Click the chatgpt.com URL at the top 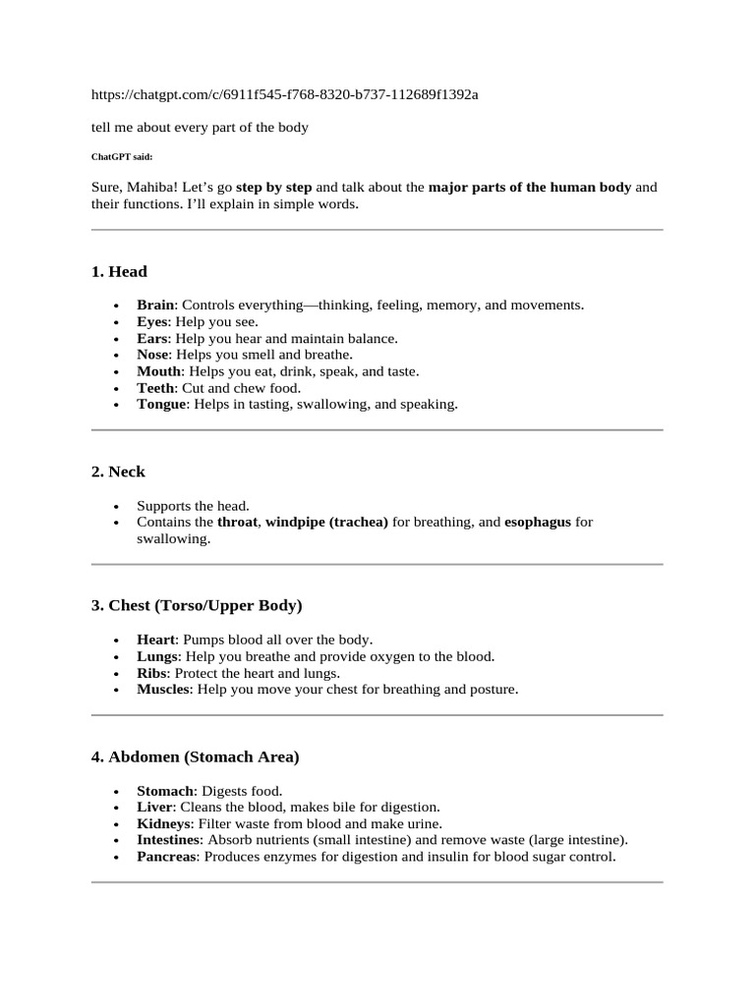point(285,94)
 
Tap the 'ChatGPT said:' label point(122,156)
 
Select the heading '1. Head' point(119,271)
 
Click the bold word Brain point(155,306)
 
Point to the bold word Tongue point(161,404)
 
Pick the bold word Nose point(153,355)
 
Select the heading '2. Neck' point(118,472)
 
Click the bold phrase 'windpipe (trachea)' point(326,523)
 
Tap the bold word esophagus point(537,523)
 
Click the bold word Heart point(155,640)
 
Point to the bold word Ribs point(152,673)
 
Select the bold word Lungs point(157,656)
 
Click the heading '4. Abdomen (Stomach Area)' point(195,757)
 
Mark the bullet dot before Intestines point(116,841)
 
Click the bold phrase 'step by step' point(274,187)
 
